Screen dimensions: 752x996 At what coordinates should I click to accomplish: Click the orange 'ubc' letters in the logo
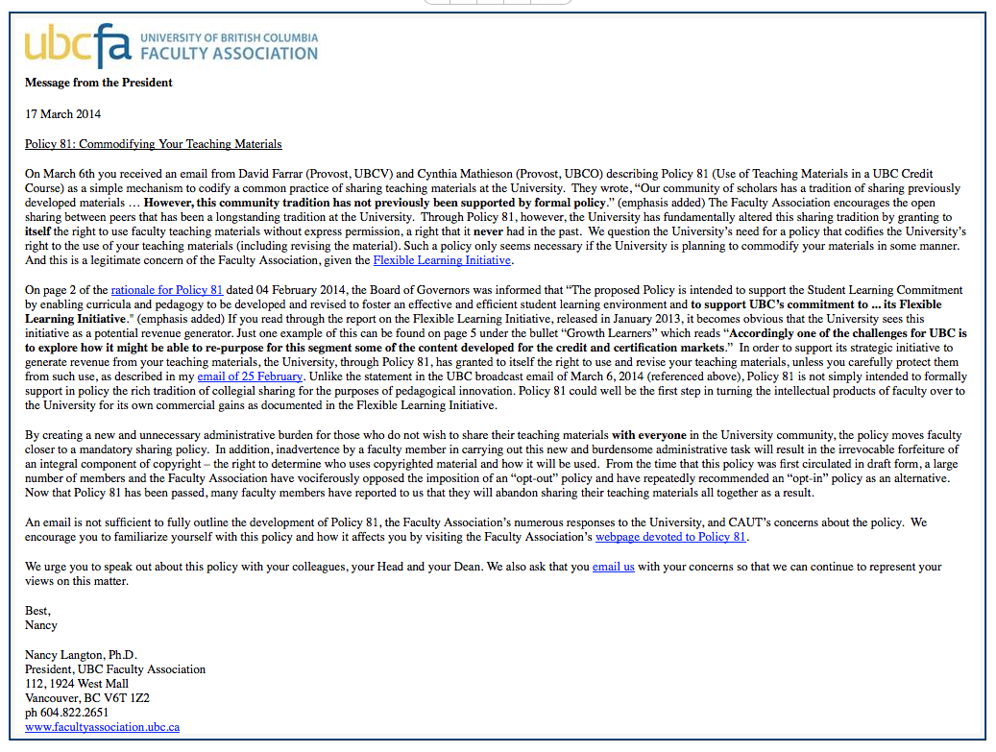(x=60, y=45)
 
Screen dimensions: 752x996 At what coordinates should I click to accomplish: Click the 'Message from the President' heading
(x=99, y=83)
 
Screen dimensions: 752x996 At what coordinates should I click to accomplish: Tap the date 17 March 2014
(x=62, y=114)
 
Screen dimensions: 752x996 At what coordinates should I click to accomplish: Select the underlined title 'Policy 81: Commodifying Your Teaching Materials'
(x=153, y=144)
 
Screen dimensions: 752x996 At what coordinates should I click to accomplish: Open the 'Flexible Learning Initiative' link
(x=442, y=259)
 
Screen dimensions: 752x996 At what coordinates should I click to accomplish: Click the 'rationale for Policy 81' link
(x=167, y=289)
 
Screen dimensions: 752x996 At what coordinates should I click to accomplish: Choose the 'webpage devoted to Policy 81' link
(x=670, y=537)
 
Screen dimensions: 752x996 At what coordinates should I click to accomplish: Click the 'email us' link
(x=613, y=567)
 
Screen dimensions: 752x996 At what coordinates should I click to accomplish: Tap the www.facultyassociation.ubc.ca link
(x=102, y=727)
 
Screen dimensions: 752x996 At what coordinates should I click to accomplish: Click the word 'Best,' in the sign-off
(x=37, y=611)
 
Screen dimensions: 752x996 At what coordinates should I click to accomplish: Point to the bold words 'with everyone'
(x=648, y=435)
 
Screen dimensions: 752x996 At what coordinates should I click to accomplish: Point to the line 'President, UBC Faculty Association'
(x=115, y=669)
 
